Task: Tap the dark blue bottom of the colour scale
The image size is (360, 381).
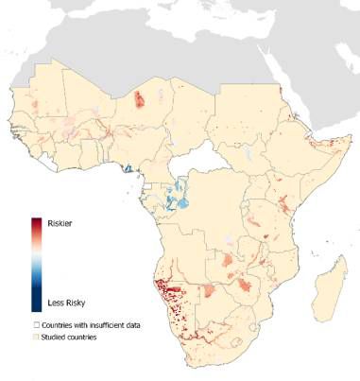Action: pyautogui.click(x=35, y=304)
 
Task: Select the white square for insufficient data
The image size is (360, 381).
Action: pyautogui.click(x=36, y=324)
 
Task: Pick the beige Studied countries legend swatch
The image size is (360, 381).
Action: pyautogui.click(x=36, y=336)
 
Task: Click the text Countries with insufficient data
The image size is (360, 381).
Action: pyautogui.click(x=91, y=324)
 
